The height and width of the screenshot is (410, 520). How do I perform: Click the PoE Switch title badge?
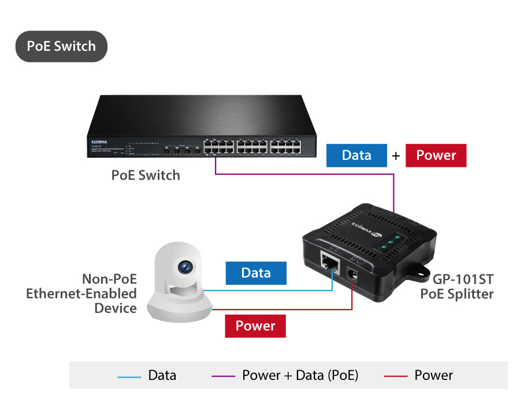pyautogui.click(x=61, y=46)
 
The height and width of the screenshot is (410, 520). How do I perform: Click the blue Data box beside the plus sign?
pyautogui.click(x=356, y=155)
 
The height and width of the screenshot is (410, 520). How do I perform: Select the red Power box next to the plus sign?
pyautogui.click(x=436, y=155)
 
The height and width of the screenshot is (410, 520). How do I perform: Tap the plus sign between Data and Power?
pyautogui.click(x=396, y=156)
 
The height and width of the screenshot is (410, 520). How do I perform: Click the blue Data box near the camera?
pyautogui.click(x=255, y=273)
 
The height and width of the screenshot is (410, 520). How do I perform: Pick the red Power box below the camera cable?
pyautogui.click(x=255, y=326)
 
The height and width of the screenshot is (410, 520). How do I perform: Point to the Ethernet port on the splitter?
pyautogui.click(x=330, y=263)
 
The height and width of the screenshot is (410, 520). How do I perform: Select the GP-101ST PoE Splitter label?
pyautogui.click(x=456, y=287)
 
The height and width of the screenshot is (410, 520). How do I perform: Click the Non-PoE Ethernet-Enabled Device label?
pyautogui.click(x=81, y=293)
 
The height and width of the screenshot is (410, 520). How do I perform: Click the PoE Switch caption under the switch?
pyautogui.click(x=146, y=175)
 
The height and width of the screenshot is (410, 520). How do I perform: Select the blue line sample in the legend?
pyautogui.click(x=129, y=376)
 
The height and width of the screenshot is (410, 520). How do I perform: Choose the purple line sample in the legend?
pyautogui.click(x=223, y=376)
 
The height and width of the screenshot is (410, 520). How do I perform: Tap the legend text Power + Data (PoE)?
pyautogui.click(x=300, y=375)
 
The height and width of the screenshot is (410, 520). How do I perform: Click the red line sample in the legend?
pyautogui.click(x=396, y=376)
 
